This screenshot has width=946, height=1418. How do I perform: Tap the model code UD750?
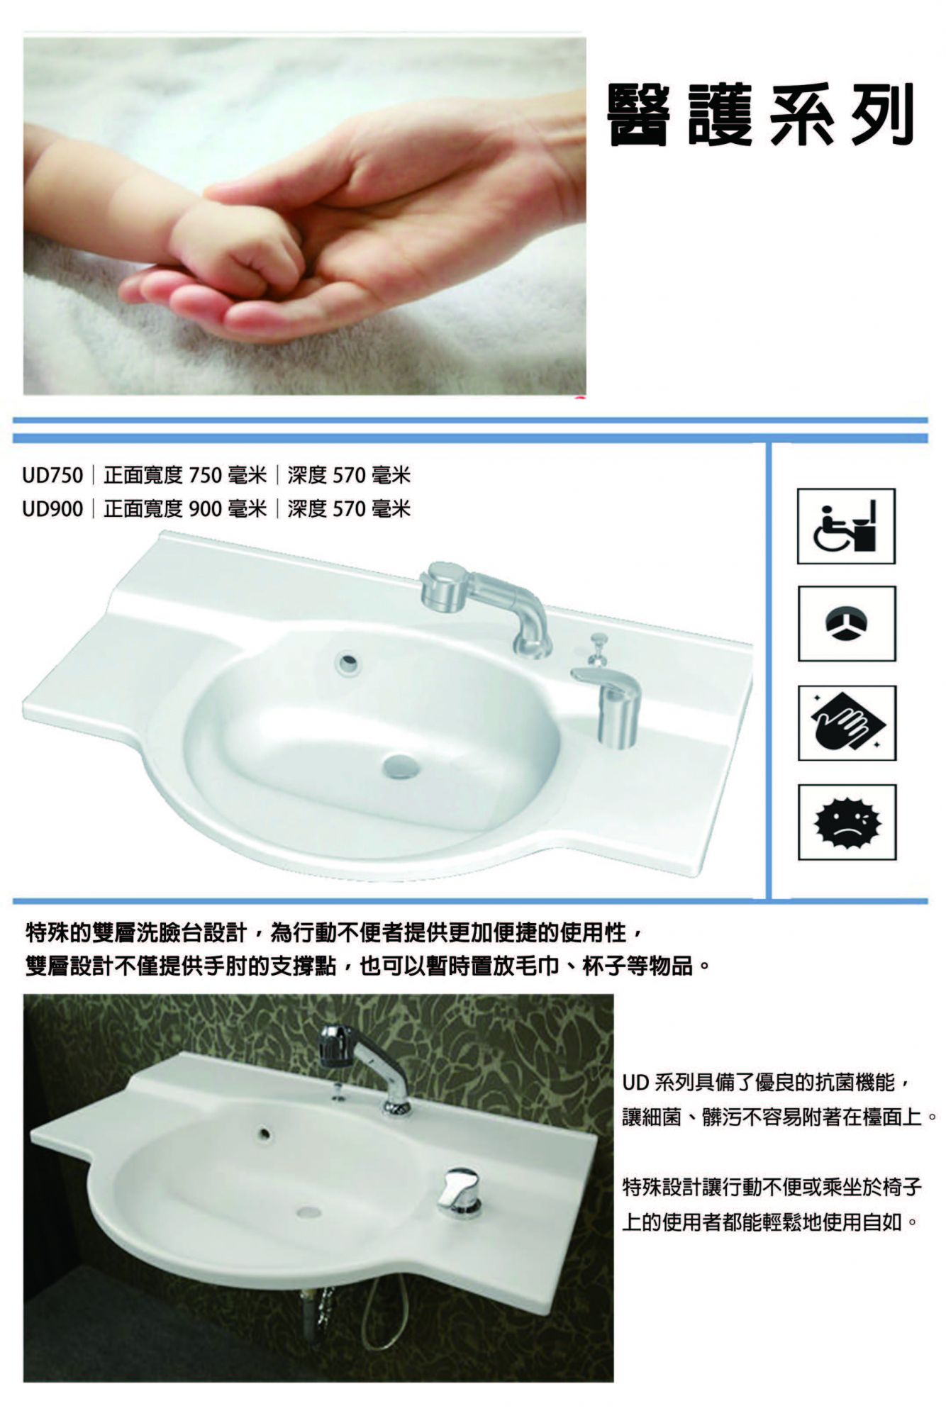(x=52, y=475)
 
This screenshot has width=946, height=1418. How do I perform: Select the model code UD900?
(x=52, y=508)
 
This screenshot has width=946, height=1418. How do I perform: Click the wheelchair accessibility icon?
(x=846, y=526)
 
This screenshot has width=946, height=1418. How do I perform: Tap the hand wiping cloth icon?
(x=847, y=723)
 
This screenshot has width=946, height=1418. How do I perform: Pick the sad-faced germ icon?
(x=847, y=822)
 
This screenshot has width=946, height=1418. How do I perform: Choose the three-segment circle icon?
(x=847, y=624)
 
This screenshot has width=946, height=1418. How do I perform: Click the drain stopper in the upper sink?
(x=401, y=766)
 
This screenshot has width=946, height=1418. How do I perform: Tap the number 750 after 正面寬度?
(x=206, y=475)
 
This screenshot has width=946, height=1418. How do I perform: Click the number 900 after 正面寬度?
(x=206, y=508)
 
